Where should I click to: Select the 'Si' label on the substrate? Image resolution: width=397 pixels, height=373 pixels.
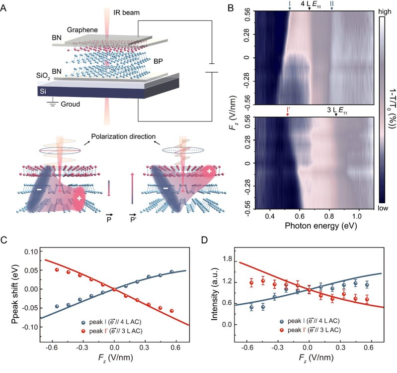(x=47, y=92)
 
